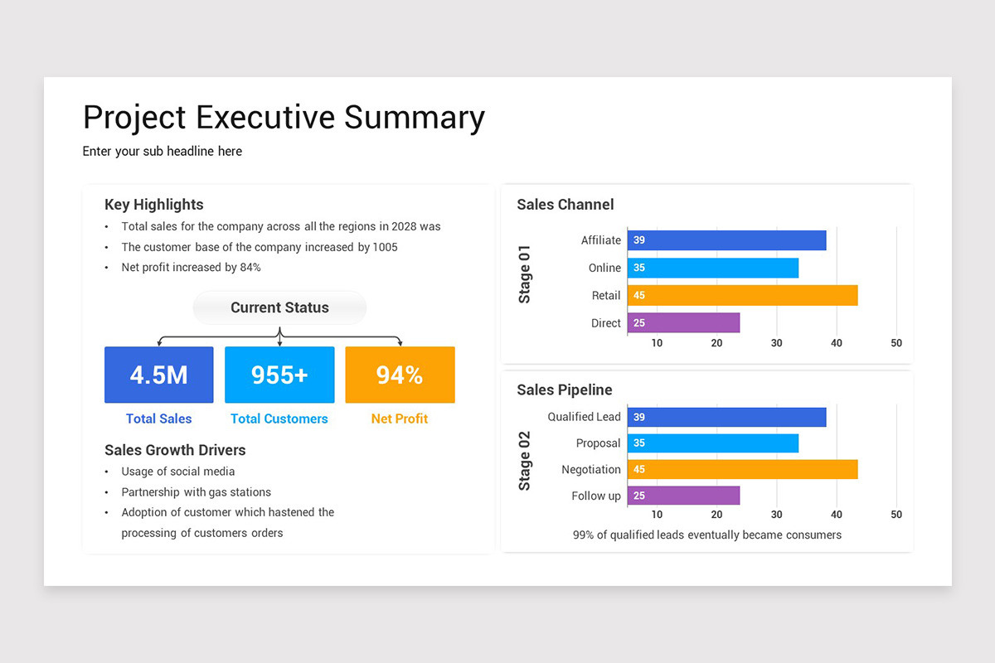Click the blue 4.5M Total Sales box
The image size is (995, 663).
[158, 375]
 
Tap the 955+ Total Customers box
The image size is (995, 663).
[279, 375]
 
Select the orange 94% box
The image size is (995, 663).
[400, 375]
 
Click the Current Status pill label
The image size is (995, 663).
[279, 307]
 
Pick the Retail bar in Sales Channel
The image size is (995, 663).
[742, 295]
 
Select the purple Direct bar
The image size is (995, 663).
[683, 322]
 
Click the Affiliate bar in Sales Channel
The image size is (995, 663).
[726, 240]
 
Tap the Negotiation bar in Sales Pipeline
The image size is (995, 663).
[742, 469]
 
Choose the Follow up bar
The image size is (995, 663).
[683, 496]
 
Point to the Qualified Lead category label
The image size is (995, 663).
[584, 417]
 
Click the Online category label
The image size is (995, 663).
[604, 268]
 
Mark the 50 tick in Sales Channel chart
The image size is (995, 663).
[896, 343]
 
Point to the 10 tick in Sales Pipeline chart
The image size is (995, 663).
[657, 515]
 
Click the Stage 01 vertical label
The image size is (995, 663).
[525, 273]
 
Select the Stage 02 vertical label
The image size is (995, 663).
[525, 460]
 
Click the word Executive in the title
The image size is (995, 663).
[265, 118]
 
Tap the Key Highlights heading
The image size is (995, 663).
[153, 205]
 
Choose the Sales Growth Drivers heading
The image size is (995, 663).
[175, 450]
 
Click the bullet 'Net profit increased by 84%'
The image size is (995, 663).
[191, 268]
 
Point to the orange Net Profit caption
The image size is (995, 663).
[400, 419]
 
